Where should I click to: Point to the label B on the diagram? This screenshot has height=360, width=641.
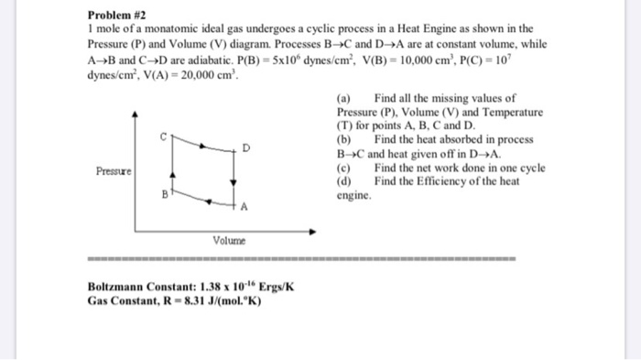tap(165, 194)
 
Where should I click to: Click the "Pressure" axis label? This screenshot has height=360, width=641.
tap(114, 171)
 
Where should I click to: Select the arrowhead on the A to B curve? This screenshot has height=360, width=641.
tap(210, 201)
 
